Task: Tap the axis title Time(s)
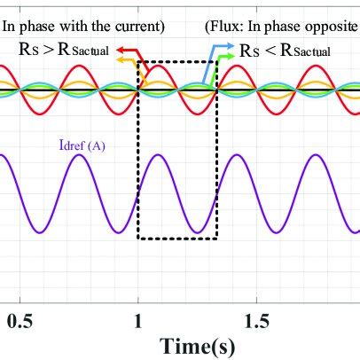[x=197, y=345]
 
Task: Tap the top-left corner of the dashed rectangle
[x=138, y=61]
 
